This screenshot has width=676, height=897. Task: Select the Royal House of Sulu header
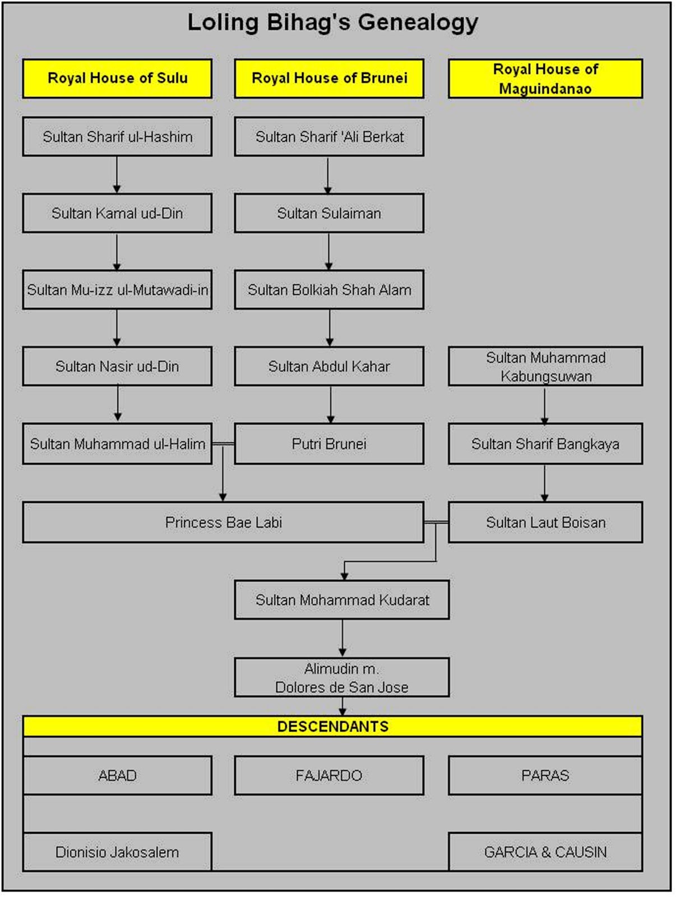tap(117, 78)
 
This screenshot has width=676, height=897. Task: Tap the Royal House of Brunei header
tap(329, 78)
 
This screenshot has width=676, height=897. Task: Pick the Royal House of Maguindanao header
tap(545, 78)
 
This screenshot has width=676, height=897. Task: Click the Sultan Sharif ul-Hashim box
tap(117, 137)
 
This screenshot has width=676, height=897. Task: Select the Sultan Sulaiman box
tap(329, 214)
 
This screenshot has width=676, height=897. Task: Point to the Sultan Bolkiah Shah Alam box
tap(329, 290)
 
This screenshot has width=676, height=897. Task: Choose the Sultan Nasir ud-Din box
tap(117, 367)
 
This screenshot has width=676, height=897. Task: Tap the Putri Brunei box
tap(329, 444)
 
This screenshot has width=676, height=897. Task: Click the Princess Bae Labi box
tap(223, 523)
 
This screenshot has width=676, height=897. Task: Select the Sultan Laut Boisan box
tap(545, 523)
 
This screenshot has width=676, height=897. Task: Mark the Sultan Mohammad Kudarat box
tap(342, 600)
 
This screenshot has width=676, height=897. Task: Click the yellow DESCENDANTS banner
tap(332, 727)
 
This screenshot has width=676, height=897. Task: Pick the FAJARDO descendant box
tap(329, 775)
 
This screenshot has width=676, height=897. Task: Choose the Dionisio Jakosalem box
tap(117, 852)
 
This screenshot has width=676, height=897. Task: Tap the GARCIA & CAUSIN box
tap(545, 852)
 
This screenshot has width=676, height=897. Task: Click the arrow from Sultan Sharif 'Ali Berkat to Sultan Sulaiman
tap(328, 175)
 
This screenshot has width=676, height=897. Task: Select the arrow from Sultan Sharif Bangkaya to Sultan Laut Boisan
tap(544, 483)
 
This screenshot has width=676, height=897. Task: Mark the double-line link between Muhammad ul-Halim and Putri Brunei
tap(223, 444)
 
